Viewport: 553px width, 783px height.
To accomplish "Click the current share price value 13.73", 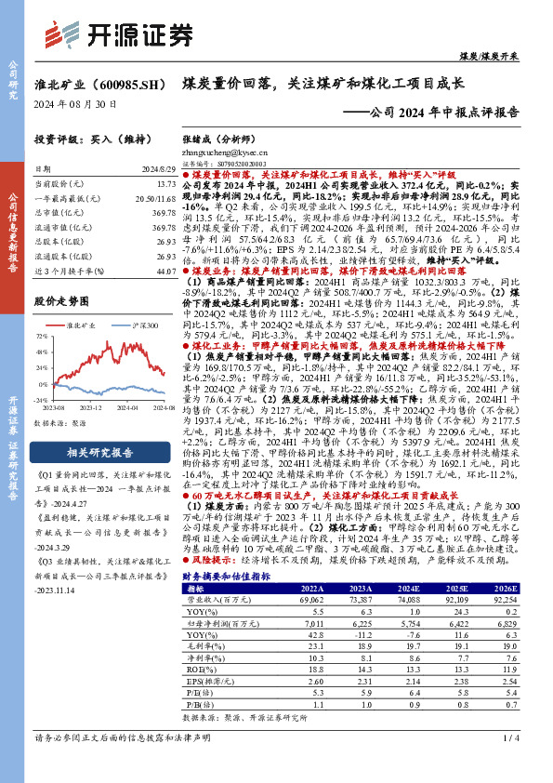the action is coord(165,186).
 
